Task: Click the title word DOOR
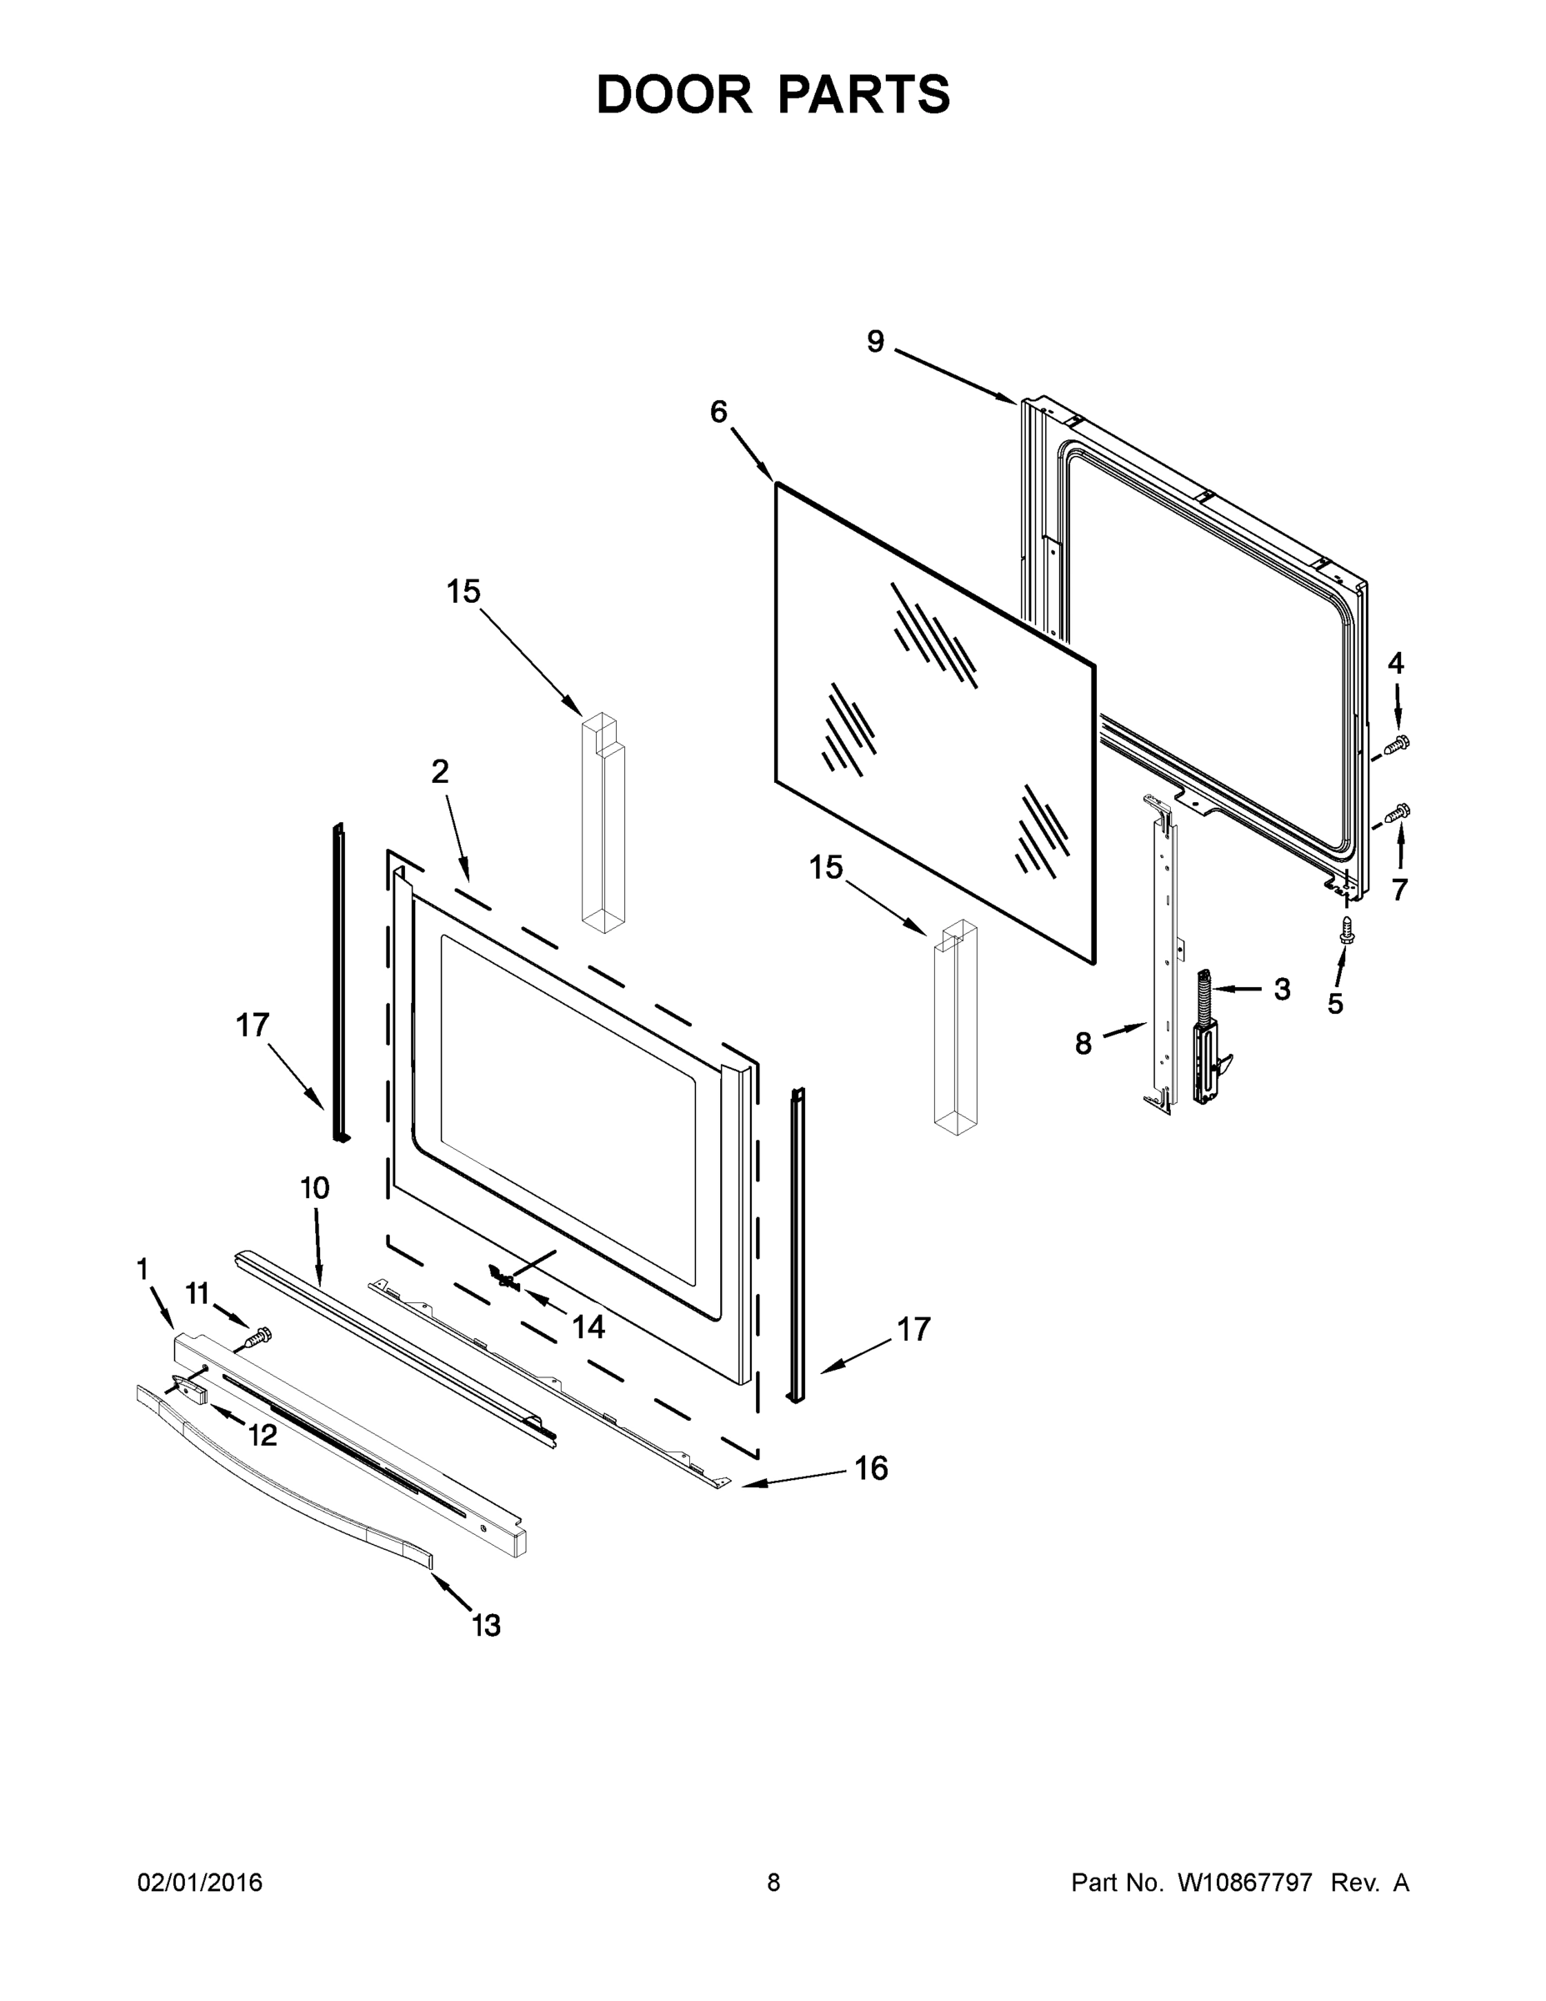[674, 94]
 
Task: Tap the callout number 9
[876, 342]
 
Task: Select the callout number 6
[719, 413]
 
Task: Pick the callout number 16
[871, 1467]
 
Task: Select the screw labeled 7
[1398, 811]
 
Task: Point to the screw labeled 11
[258, 1338]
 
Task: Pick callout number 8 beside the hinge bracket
[1083, 1043]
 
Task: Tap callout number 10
[314, 1188]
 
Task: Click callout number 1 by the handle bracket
[142, 1269]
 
